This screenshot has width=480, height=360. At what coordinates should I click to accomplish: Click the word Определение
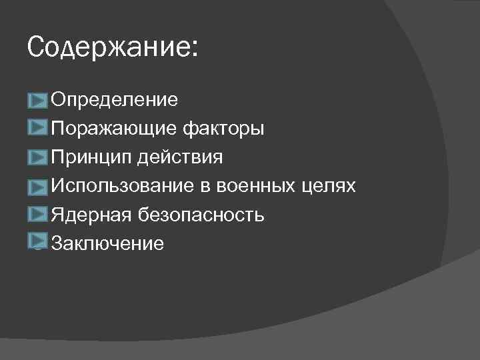[x=115, y=101]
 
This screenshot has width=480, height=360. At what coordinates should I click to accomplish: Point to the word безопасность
[x=201, y=215]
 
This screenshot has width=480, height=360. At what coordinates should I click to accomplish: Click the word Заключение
[x=107, y=243]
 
